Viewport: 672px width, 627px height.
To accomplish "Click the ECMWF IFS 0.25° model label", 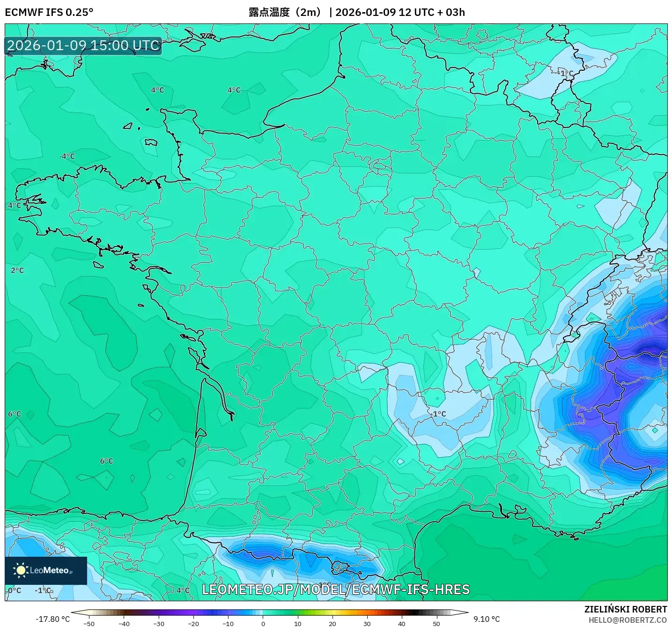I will [49, 12].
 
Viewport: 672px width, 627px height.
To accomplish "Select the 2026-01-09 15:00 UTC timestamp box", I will [83, 45].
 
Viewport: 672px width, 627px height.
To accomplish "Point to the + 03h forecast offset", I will [451, 12].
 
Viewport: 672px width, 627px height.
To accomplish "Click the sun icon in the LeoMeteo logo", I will [21, 570].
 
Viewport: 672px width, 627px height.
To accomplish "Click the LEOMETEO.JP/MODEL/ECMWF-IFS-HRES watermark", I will [335, 590].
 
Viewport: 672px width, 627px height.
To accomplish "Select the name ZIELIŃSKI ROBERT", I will [625, 609].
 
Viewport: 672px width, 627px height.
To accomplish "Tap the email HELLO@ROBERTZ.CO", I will [628, 620].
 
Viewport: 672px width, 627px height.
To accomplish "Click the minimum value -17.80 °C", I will [52, 619].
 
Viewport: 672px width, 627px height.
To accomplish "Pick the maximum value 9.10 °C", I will [487, 619].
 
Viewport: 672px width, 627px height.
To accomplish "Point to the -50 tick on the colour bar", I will [89, 624].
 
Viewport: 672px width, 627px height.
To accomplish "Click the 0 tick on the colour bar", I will [263, 624].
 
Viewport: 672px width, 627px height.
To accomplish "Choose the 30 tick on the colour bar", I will [367, 624].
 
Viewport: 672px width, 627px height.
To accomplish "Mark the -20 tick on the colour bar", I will [193, 624].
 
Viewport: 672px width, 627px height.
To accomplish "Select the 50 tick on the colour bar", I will [436, 624].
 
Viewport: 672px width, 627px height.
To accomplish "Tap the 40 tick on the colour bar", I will [401, 624].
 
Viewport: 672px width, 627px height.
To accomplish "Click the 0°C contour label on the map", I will [15, 590].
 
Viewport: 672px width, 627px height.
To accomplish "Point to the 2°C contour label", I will [17, 270].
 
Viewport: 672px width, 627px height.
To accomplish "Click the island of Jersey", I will [151, 142].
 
